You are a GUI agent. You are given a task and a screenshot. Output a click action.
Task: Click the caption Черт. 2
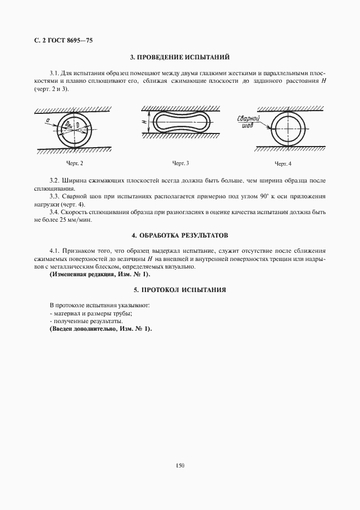coord(75,163)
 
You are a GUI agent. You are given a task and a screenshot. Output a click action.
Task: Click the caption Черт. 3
coord(181,163)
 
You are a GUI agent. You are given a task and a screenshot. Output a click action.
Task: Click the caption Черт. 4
coord(283,164)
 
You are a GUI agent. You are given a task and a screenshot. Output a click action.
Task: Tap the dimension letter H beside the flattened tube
coord(144,123)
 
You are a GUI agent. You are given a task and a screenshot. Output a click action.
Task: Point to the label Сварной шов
coord(247,121)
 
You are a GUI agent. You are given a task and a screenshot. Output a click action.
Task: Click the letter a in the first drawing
coord(48,120)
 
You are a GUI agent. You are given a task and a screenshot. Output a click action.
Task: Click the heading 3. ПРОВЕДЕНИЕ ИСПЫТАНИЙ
coord(180,57)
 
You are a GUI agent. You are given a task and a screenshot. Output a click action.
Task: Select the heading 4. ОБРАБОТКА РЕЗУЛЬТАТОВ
coord(180,235)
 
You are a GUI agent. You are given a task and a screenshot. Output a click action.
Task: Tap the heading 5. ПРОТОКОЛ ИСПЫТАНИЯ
coord(180,290)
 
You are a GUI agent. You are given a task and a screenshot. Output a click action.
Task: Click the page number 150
coord(180,465)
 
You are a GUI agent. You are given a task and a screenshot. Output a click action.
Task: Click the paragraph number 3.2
coord(54,180)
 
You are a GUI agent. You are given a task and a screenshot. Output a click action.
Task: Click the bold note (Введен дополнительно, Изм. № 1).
coord(101,330)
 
